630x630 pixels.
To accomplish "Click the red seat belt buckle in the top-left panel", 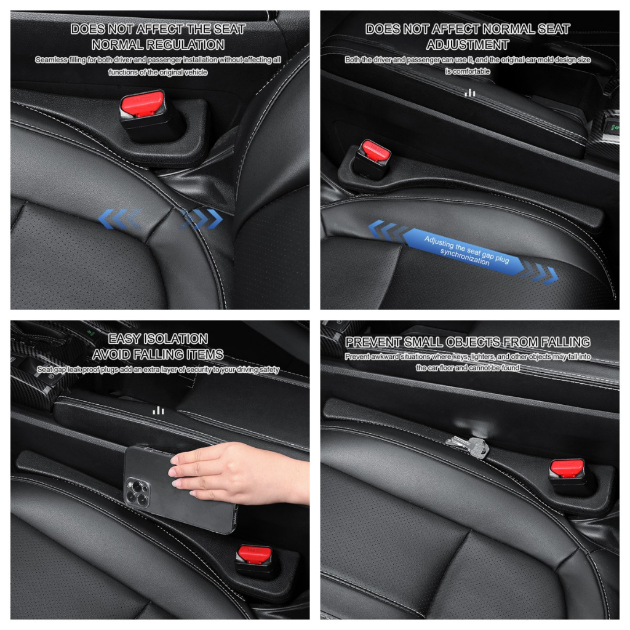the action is (143, 103).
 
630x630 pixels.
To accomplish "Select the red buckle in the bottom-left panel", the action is (254, 554).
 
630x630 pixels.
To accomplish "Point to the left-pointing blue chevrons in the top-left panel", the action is (120, 219).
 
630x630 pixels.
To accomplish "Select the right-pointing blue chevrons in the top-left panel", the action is (202, 219).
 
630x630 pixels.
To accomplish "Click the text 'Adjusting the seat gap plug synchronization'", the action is (466, 250).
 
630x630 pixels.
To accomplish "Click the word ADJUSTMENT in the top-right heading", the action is (468, 44).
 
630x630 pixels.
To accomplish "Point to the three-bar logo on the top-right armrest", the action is (469, 94).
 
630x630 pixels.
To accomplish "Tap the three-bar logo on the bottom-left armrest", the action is (158, 410).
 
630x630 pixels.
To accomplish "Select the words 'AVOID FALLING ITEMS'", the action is (157, 354).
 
